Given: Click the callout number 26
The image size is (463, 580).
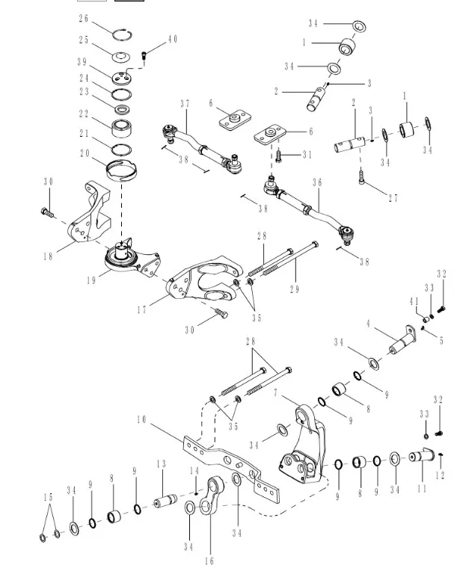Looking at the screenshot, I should click(83, 18).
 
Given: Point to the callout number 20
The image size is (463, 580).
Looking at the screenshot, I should click(83, 153).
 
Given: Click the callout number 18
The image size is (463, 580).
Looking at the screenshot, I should click(49, 256).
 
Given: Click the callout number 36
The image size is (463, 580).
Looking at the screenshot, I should click(317, 182).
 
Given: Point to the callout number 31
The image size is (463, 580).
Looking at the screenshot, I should click(307, 155).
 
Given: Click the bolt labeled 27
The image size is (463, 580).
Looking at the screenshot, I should click(363, 179).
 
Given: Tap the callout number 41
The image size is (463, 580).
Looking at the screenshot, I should click(414, 301).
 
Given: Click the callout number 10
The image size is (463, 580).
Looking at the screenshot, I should click(141, 420).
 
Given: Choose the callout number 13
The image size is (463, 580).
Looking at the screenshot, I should click(160, 464).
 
